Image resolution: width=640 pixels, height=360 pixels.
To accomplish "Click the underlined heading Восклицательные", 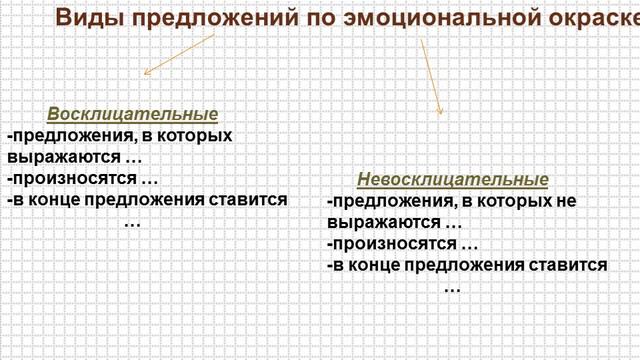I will tap(132, 114).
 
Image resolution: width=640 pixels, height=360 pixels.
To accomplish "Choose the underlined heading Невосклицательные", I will tap(453, 180).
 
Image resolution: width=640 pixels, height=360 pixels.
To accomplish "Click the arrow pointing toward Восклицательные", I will tap(179, 55).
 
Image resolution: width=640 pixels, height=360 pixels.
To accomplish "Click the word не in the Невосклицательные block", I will tap(565, 201).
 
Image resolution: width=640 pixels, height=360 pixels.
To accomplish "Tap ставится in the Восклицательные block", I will tap(254, 199).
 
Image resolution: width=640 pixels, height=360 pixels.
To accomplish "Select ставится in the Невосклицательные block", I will tap(574, 265).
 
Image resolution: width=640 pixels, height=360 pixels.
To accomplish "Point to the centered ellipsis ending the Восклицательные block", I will tap(132, 221).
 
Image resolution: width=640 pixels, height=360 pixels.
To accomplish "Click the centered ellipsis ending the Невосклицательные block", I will tap(452, 287).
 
